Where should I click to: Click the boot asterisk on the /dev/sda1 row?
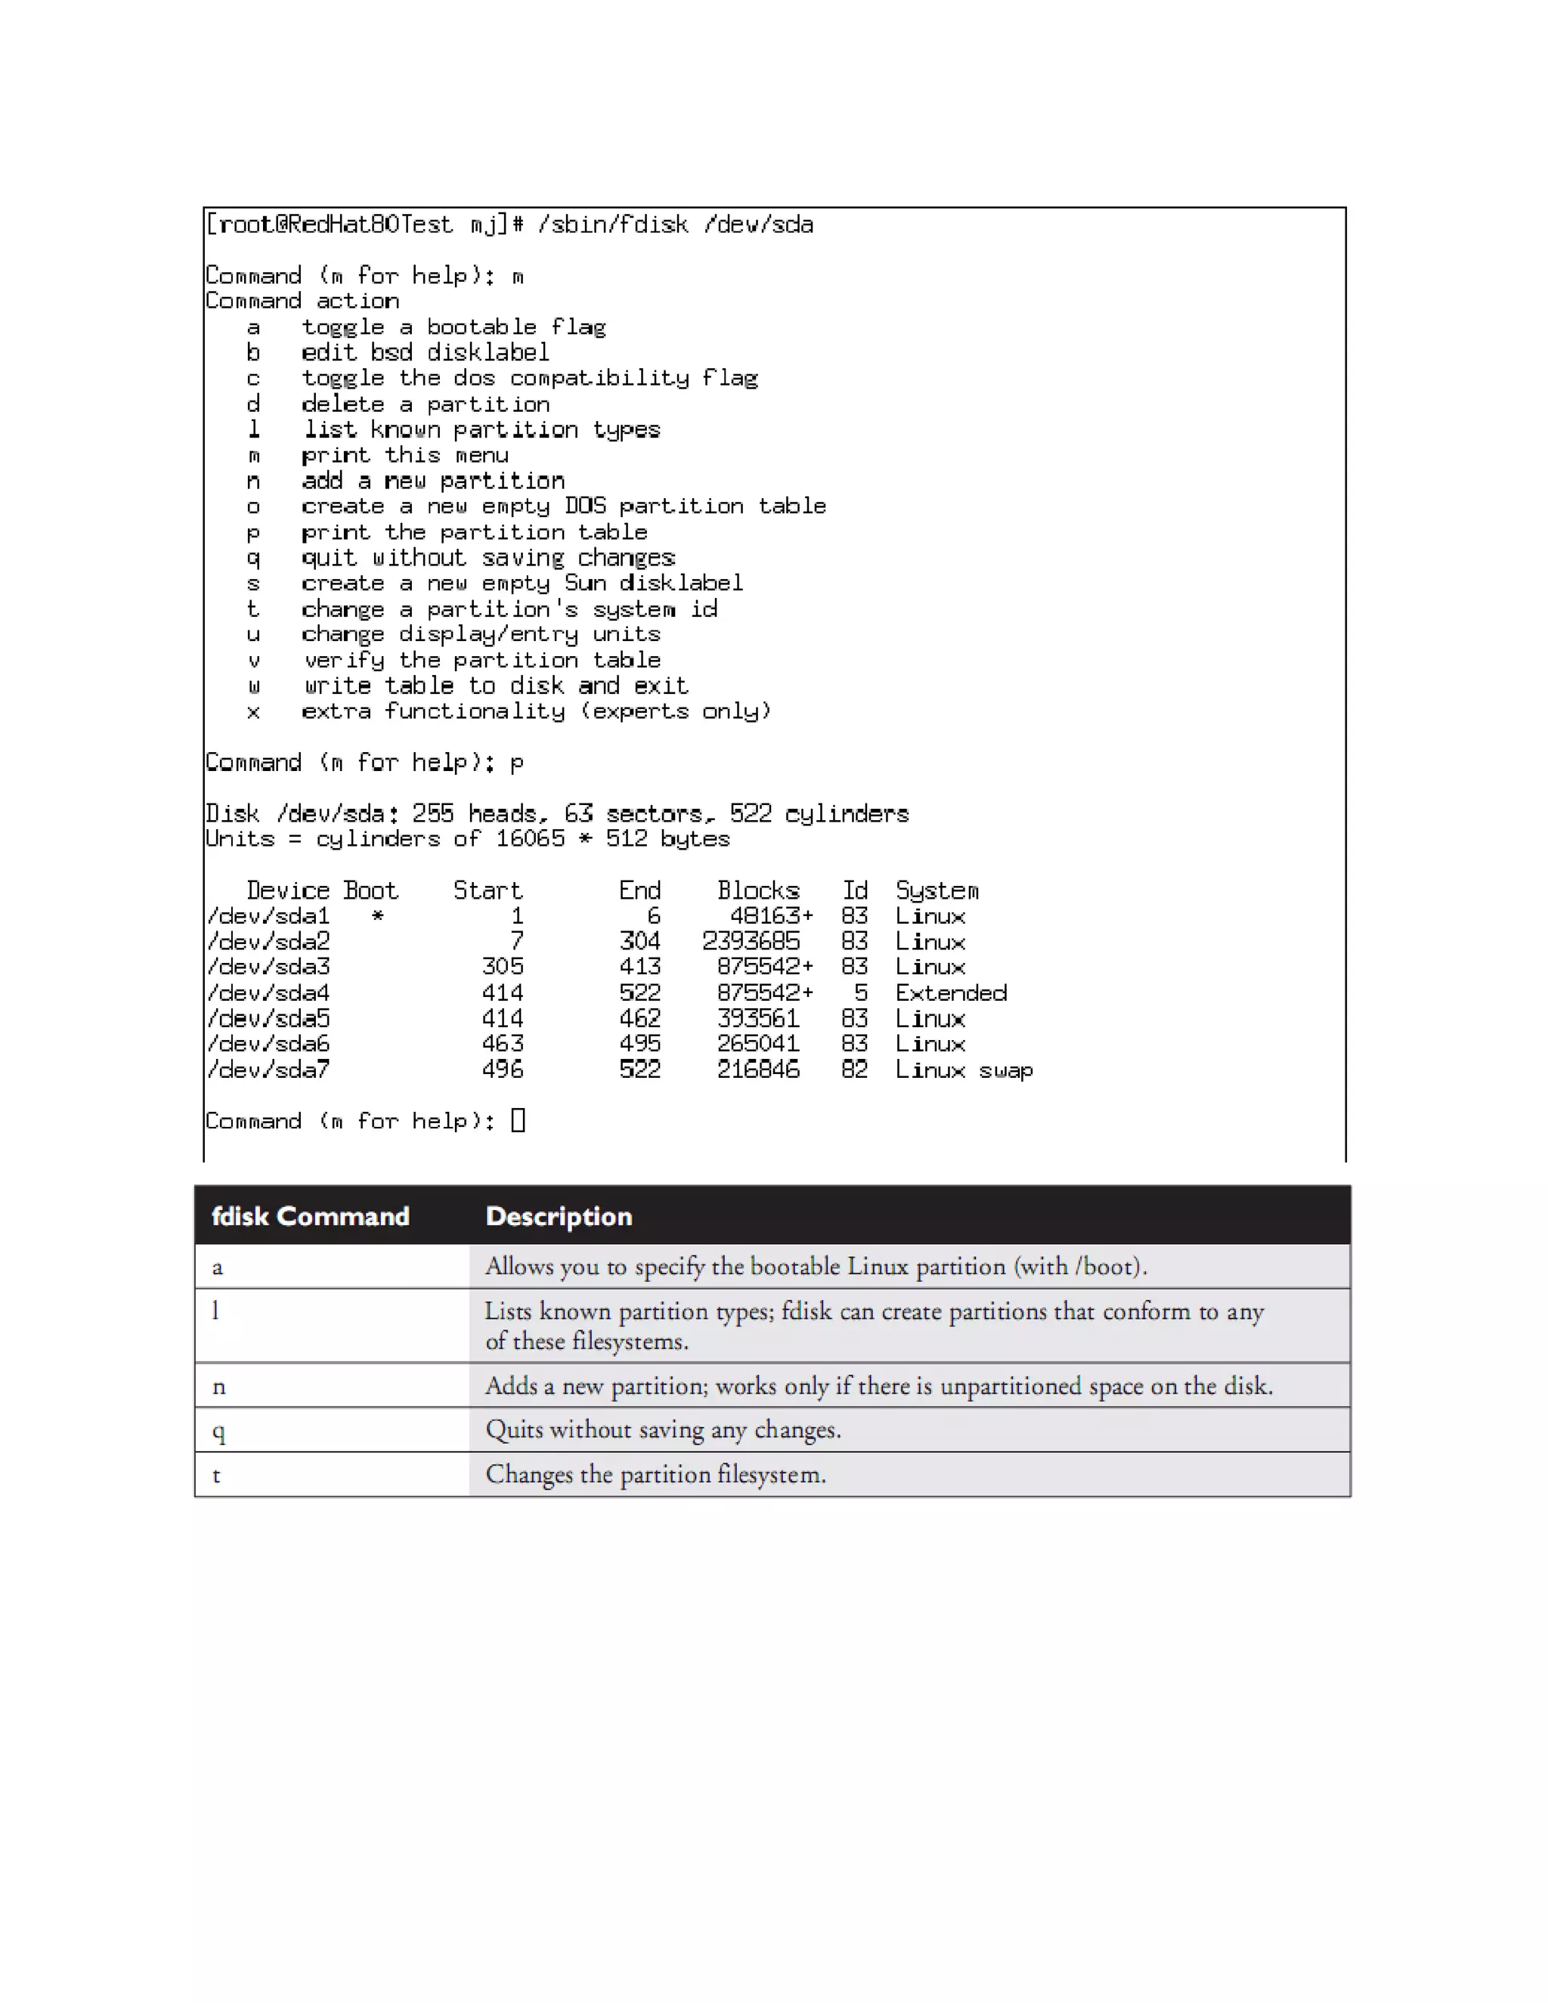click(x=378, y=916)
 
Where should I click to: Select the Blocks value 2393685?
click(x=751, y=941)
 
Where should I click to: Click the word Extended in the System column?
click(x=951, y=993)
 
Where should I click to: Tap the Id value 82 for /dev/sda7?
click(x=855, y=1070)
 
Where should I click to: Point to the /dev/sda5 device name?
click(x=268, y=1019)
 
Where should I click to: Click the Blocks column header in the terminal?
click(x=758, y=890)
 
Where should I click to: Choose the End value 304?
click(x=640, y=941)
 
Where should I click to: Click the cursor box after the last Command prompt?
click(x=518, y=1121)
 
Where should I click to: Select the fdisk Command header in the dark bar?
click(x=311, y=1216)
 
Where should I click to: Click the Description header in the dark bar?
click(x=559, y=1216)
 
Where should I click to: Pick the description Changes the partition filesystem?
click(x=655, y=1475)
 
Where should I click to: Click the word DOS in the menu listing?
click(x=585, y=506)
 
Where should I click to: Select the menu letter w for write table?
click(x=254, y=686)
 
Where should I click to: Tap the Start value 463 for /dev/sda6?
click(x=503, y=1044)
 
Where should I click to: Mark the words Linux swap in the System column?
click(x=964, y=1070)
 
